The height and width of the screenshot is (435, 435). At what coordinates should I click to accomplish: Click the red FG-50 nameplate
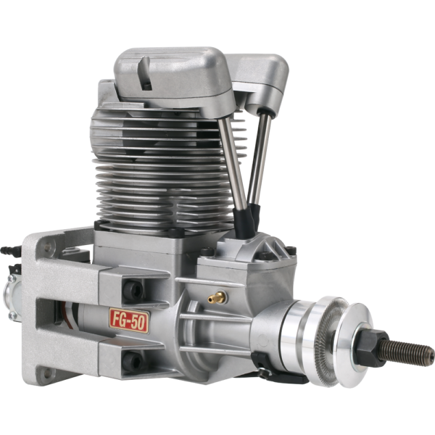tap(129, 320)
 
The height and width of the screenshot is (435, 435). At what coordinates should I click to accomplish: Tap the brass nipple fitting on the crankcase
tap(217, 298)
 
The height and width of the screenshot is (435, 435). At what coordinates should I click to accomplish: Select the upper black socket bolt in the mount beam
tap(133, 290)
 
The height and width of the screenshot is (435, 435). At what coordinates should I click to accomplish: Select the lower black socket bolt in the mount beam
tap(133, 361)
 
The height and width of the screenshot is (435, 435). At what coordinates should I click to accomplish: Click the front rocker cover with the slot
tap(174, 78)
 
